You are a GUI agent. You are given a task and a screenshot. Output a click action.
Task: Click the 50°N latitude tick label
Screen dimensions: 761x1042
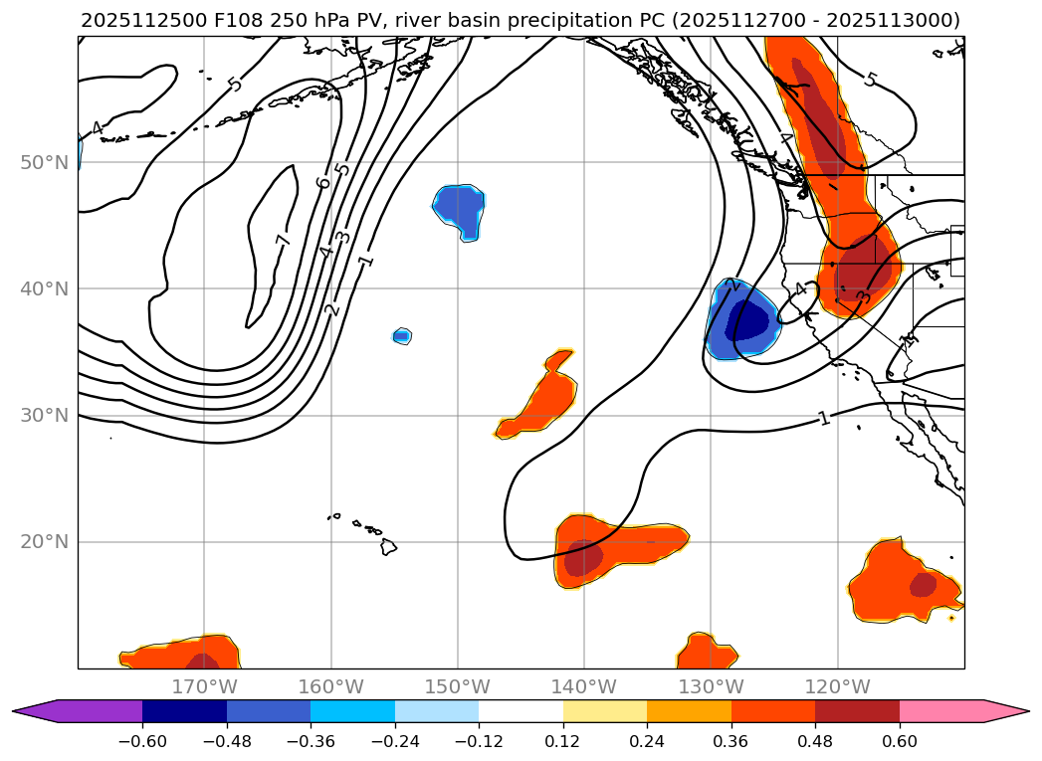(x=44, y=162)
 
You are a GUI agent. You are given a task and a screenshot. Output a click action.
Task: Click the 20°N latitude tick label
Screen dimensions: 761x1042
(x=44, y=542)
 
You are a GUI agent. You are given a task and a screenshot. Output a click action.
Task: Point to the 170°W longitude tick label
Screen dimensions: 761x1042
(x=204, y=686)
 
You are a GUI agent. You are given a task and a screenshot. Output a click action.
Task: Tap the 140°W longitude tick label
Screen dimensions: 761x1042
(x=584, y=686)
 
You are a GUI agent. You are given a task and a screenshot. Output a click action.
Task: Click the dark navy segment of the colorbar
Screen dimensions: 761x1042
(x=184, y=711)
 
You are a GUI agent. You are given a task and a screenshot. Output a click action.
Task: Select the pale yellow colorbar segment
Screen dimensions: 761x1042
(x=605, y=711)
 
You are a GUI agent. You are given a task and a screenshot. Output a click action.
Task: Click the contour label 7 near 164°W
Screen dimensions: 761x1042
(x=283, y=240)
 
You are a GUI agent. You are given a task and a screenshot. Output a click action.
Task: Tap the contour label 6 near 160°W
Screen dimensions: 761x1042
(x=322, y=182)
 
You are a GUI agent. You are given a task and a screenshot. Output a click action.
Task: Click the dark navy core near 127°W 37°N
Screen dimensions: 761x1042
(x=747, y=321)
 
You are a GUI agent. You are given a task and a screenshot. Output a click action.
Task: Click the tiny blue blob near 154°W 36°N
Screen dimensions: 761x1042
(x=401, y=336)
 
